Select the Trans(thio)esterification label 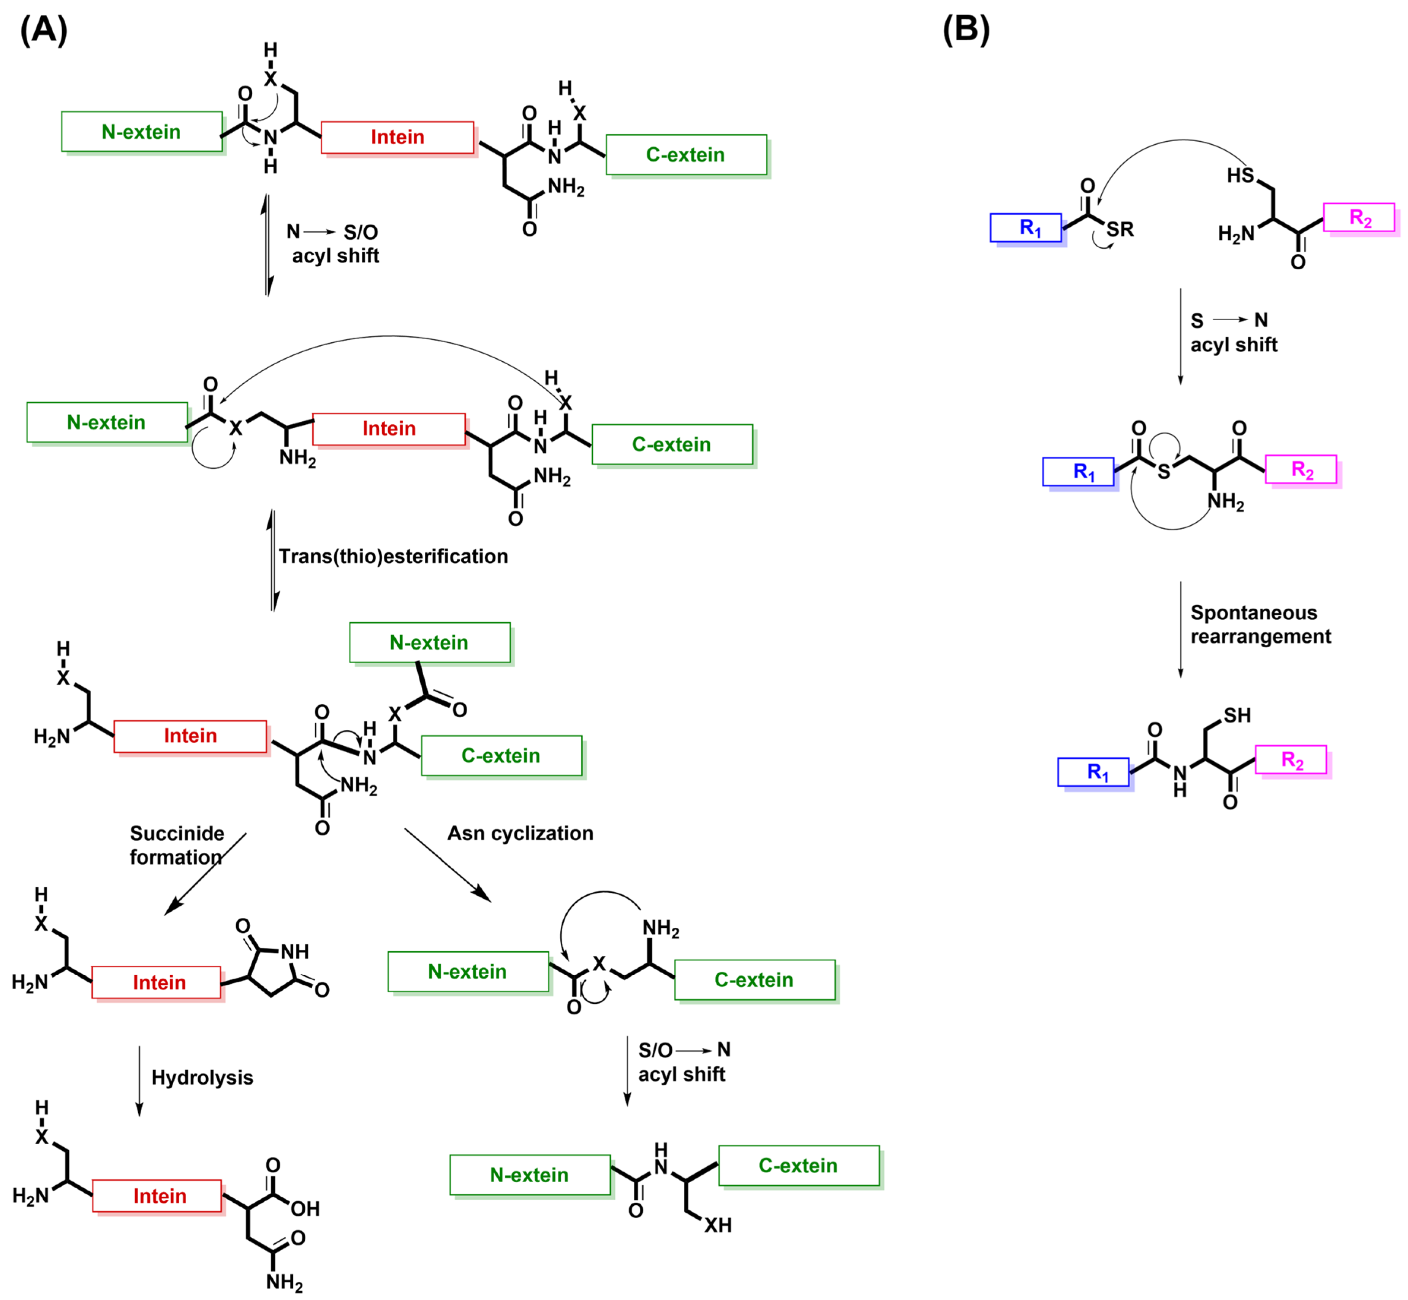(392, 557)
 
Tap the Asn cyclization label (520, 833)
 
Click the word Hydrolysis (202, 1078)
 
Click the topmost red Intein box (397, 137)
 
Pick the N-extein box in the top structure (141, 131)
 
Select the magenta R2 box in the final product (1291, 760)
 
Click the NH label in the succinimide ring (294, 952)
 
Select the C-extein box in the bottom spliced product (798, 1166)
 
